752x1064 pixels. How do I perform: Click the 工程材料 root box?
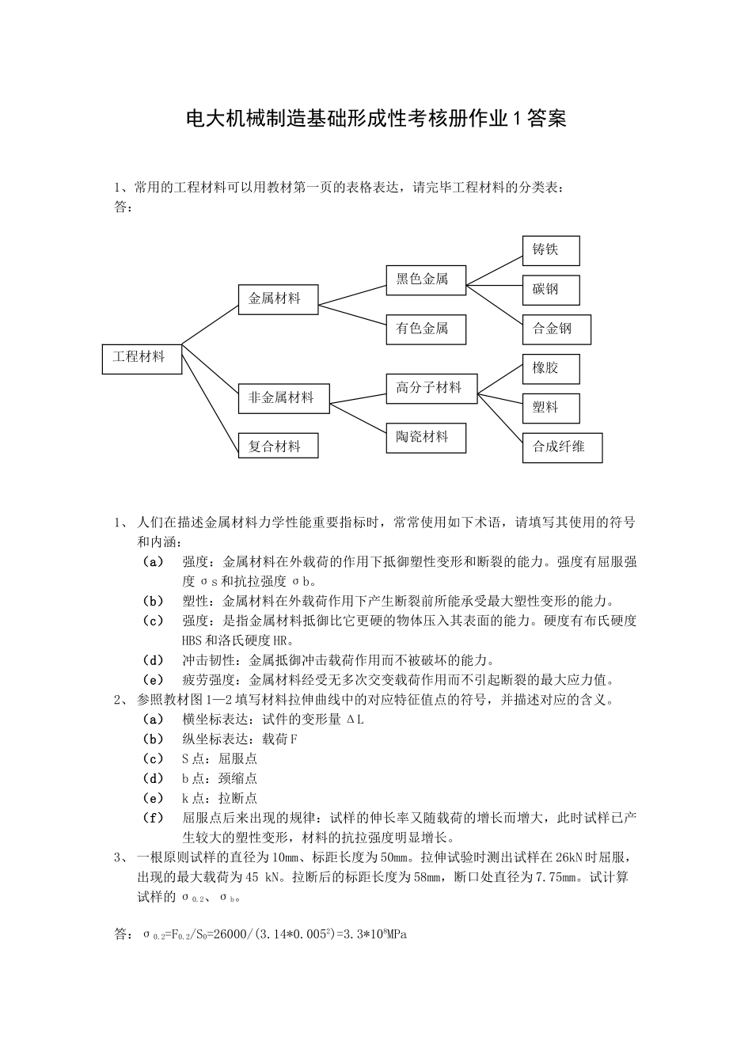(142, 358)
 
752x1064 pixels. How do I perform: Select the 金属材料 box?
(277, 299)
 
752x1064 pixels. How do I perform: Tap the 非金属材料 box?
(283, 398)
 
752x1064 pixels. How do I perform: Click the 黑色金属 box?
(425, 279)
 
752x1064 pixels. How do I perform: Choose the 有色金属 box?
(425, 329)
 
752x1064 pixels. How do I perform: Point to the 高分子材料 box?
(431, 388)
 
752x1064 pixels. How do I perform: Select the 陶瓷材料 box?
(426, 437)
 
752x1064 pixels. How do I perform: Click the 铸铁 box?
(551, 250)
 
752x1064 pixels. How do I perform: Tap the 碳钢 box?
(551, 290)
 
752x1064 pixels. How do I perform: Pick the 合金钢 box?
(556, 329)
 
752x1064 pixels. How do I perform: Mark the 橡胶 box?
(551, 369)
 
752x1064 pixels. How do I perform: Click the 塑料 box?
(551, 408)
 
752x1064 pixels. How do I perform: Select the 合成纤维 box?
(562, 447)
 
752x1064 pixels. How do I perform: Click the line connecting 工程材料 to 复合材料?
(210, 401)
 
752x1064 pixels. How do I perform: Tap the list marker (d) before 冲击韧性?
(153, 660)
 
